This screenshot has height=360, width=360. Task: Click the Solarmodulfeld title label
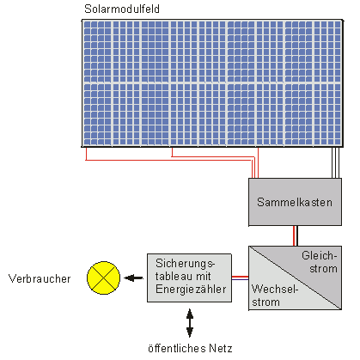tap(122, 9)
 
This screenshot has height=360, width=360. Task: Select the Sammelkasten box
tap(295, 202)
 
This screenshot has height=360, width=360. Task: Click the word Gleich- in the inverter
tap(319, 255)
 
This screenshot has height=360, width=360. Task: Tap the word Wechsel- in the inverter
tap(275, 289)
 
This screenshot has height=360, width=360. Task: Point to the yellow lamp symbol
tap(103, 278)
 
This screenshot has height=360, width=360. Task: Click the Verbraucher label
tap(40, 278)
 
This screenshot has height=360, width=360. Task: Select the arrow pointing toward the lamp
tap(133, 278)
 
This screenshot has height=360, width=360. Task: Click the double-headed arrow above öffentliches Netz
tap(190, 323)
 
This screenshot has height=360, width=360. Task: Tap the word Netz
tap(220, 348)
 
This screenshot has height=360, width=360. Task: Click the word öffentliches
tap(177, 348)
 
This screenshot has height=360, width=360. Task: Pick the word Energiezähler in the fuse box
tap(191, 290)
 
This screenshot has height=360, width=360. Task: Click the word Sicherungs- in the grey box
tap(185, 263)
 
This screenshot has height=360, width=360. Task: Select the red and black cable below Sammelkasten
tap(296, 235)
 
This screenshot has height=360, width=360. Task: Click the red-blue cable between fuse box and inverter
tap(240, 278)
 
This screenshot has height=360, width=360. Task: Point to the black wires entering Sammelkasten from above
tap(336, 162)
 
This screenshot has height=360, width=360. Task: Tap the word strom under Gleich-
tap(323, 269)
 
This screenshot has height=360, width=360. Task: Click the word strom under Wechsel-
tap(265, 302)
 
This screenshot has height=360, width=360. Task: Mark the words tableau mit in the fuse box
tap(183, 277)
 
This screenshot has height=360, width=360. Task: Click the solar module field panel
tap(212, 83)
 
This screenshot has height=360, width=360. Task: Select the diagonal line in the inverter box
tap(295, 278)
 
